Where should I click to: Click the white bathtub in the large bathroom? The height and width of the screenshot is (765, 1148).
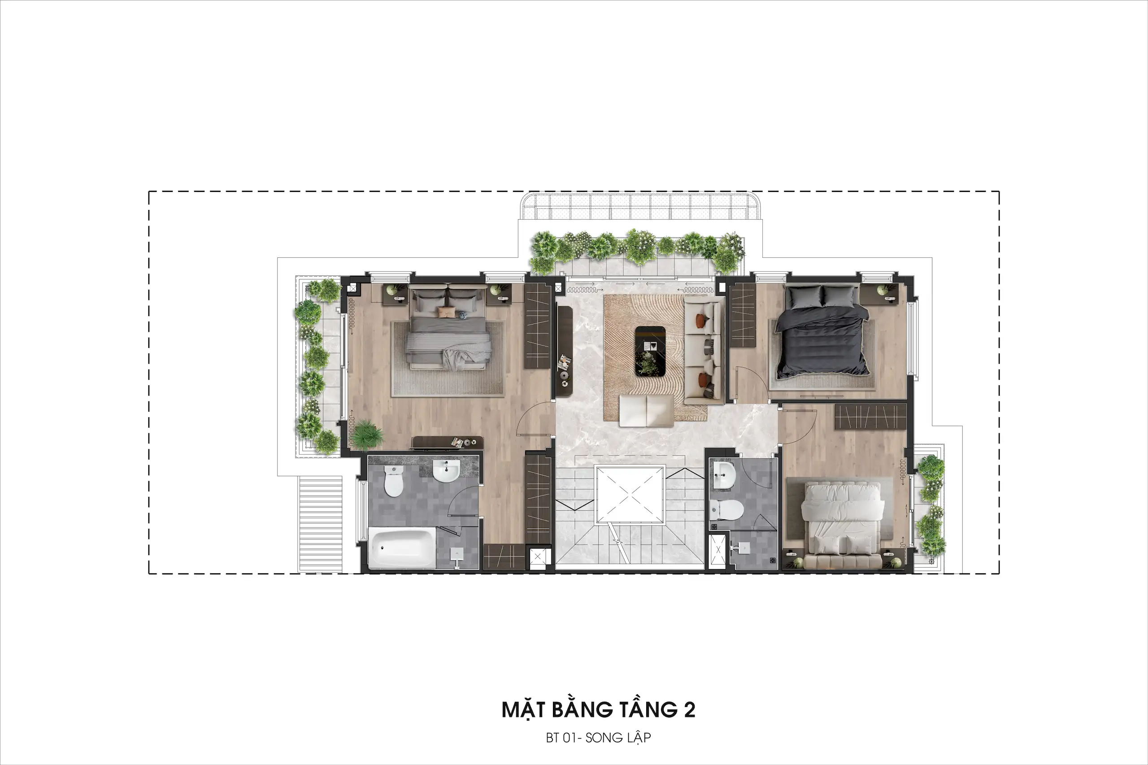coord(401,548)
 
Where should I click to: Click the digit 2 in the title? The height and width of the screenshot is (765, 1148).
coord(689,710)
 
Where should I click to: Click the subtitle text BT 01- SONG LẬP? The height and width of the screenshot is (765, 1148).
coord(598,738)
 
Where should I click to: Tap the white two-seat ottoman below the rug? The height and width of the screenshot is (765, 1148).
coord(647,410)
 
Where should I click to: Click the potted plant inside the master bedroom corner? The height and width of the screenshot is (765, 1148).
coord(365,434)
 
